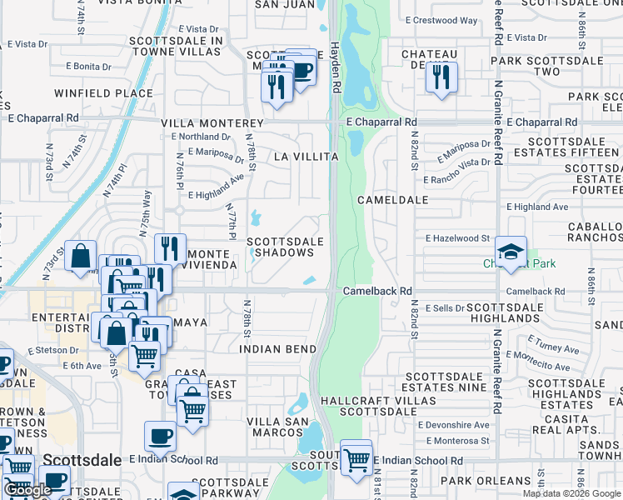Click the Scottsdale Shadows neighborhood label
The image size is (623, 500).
point(284,247)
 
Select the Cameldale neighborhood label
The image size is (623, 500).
point(392,200)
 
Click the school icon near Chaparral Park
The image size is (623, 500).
point(511,249)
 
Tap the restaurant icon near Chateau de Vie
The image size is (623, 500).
point(440,77)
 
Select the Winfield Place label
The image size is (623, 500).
point(103,92)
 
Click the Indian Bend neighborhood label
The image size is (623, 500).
point(278,349)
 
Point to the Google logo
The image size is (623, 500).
point(27,491)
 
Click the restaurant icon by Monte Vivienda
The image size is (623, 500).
point(170,247)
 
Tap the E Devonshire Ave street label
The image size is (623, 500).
point(457,424)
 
